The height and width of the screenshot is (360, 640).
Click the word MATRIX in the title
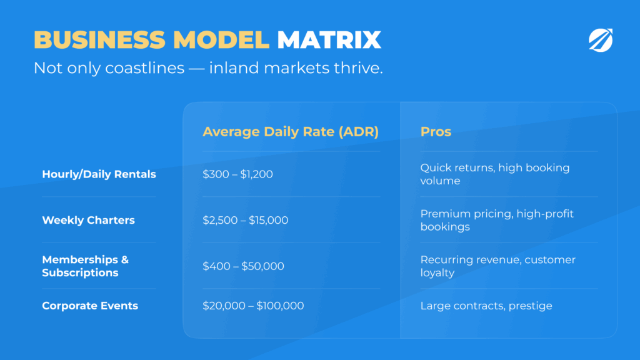(329, 40)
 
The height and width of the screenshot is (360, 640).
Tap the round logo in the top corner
(601, 40)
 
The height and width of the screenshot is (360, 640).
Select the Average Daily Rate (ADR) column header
(291, 131)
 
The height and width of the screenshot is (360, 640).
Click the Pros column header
(436, 131)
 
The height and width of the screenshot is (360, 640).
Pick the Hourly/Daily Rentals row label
(99, 174)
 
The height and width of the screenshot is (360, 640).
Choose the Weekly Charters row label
(88, 220)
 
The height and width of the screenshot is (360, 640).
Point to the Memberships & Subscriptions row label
(85, 266)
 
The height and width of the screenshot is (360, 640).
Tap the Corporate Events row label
(90, 306)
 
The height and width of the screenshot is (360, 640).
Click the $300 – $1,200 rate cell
(237, 174)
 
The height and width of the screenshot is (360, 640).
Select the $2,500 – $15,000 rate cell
(245, 221)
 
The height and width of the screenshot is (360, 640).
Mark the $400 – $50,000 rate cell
(243, 266)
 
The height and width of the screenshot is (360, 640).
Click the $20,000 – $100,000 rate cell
(253, 306)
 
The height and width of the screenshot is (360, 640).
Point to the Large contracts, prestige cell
(486, 306)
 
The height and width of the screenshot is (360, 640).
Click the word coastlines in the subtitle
(144, 67)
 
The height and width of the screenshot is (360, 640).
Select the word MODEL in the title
(221, 40)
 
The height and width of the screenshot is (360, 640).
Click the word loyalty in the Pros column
(437, 273)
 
